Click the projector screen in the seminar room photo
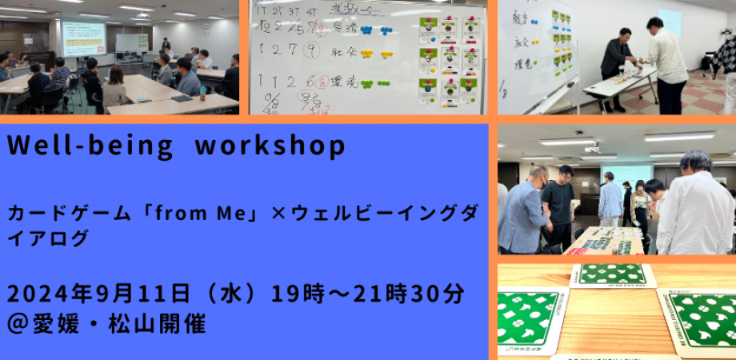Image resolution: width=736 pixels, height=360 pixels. (84, 38)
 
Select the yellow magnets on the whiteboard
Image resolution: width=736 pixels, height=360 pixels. (376, 54)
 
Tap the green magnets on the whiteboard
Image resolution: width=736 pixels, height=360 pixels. (376, 83)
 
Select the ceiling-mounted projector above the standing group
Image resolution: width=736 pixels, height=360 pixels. (592, 148)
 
